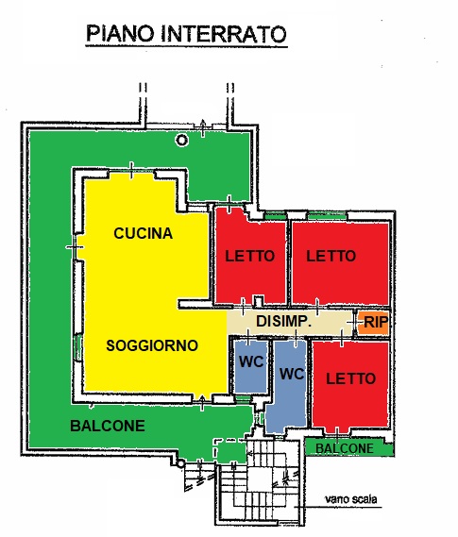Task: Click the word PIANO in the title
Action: [x=120, y=33]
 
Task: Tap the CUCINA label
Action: [x=144, y=233]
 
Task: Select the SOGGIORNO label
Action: [x=152, y=345]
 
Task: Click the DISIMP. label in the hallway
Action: [x=283, y=321]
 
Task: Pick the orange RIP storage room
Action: [x=373, y=323]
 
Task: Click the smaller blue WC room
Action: [x=251, y=366]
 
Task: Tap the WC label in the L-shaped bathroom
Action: [x=292, y=374]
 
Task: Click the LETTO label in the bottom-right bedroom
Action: [x=350, y=378]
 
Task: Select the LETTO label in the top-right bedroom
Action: [x=331, y=256]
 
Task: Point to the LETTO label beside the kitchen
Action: [x=249, y=256]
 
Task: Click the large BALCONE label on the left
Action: [x=108, y=426]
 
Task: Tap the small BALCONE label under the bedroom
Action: [x=345, y=448]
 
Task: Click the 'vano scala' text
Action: [x=351, y=499]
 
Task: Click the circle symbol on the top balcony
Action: [x=182, y=140]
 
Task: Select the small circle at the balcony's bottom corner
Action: [x=180, y=463]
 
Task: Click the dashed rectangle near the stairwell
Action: [x=229, y=449]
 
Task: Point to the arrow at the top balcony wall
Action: [x=203, y=127]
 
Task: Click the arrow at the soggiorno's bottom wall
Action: [x=202, y=402]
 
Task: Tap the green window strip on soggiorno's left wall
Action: [x=77, y=347]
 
